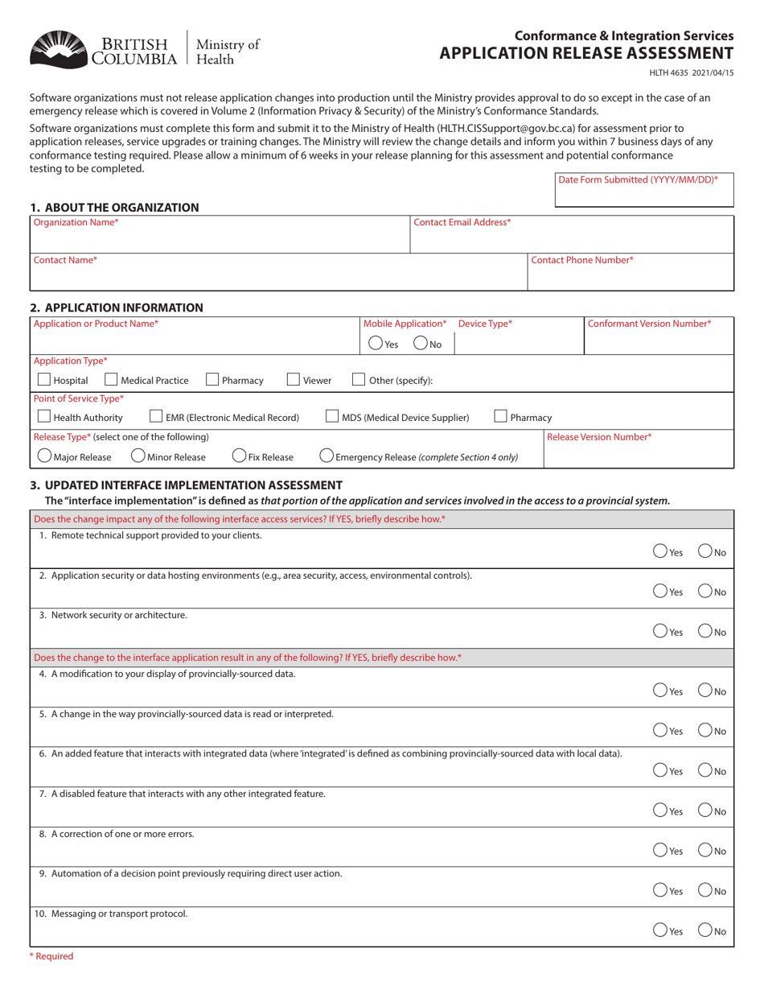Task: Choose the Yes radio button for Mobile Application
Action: pyautogui.click(x=376, y=343)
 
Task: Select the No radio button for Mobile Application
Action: pyautogui.click(x=421, y=343)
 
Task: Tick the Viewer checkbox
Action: pyautogui.click(x=294, y=380)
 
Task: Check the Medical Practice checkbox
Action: pyautogui.click(x=112, y=380)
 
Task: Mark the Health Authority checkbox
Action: pyautogui.click(x=44, y=417)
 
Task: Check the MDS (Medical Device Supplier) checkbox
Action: pyautogui.click(x=332, y=417)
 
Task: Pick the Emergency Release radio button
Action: pyautogui.click(x=327, y=456)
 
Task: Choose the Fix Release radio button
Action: pyautogui.click(x=239, y=456)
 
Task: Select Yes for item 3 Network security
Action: pyautogui.click(x=660, y=631)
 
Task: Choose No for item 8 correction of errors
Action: pyautogui.click(x=704, y=849)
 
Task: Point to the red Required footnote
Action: pyautogui.click(x=51, y=956)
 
